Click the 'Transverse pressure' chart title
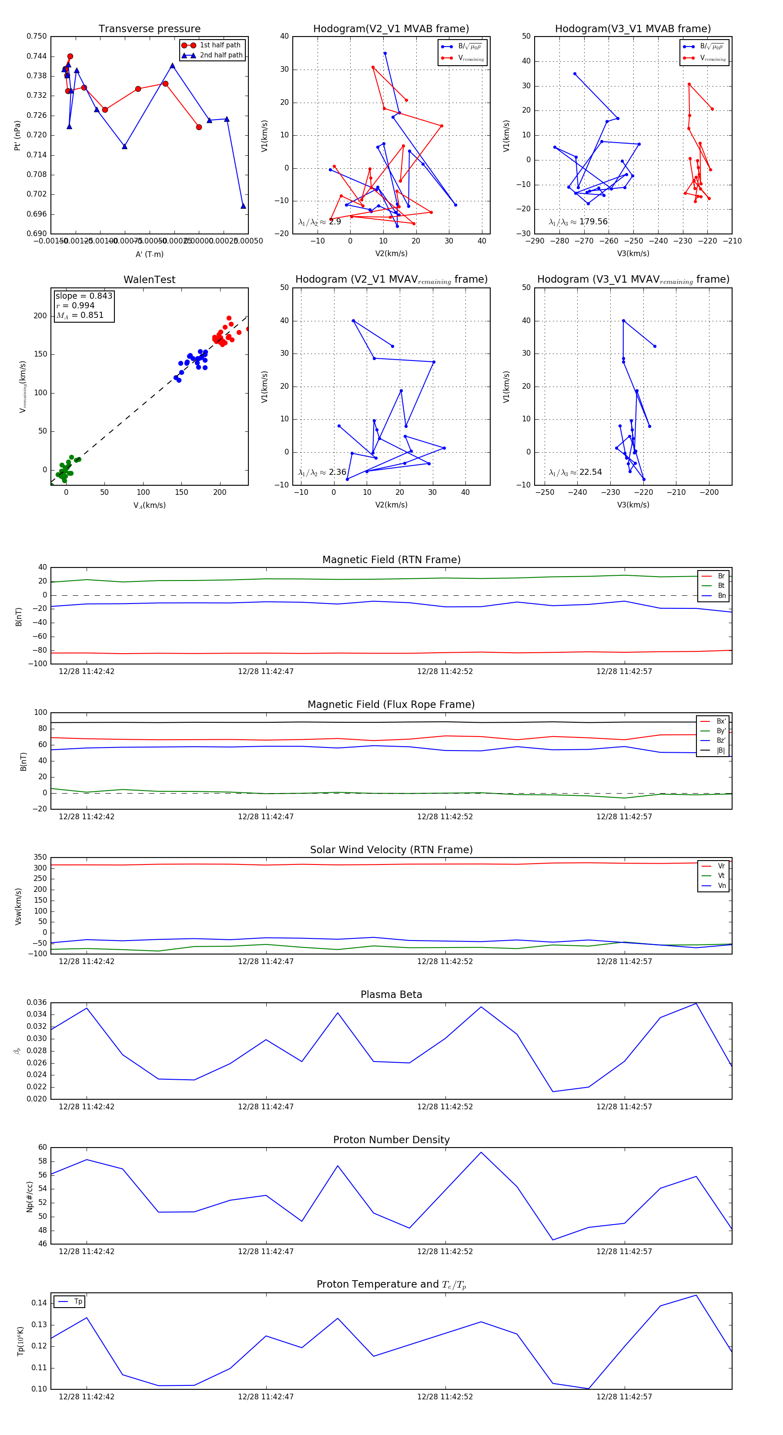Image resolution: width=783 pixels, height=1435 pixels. (x=149, y=29)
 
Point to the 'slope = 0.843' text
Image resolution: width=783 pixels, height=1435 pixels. (x=84, y=296)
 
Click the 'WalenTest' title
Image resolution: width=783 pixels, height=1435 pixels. (x=149, y=280)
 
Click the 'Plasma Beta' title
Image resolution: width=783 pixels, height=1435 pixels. (x=391, y=995)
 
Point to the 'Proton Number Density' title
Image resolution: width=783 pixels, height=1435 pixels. (x=391, y=1140)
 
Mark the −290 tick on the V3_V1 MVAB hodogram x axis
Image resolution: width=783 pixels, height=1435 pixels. (x=535, y=241)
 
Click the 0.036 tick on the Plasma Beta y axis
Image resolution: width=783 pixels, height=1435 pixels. (x=37, y=1002)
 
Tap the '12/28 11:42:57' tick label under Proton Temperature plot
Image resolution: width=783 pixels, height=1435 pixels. (x=624, y=1397)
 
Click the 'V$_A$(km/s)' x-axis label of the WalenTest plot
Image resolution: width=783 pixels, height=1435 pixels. (x=149, y=505)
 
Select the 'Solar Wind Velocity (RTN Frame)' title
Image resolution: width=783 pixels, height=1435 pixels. (x=391, y=850)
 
